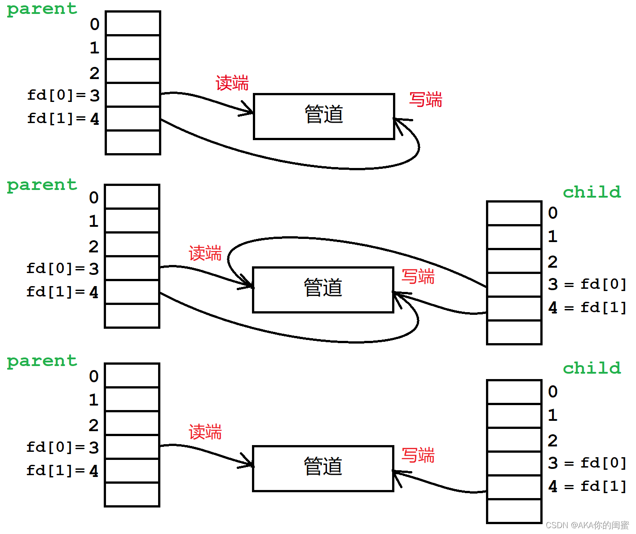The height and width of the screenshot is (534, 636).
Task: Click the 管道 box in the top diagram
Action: coord(324,116)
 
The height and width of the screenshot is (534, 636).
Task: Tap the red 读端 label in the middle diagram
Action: coord(205,253)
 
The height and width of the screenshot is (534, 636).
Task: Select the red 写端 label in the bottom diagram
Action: coord(418,455)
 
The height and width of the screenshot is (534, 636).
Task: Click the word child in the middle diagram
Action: coord(592,192)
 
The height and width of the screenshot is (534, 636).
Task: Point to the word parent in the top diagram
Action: coord(42,9)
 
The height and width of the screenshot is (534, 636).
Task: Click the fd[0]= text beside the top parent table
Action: coord(56,95)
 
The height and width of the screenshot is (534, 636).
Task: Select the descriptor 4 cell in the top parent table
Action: coord(133,119)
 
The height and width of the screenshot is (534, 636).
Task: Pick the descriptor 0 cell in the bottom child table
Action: coord(514,392)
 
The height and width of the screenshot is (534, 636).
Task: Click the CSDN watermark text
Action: coord(587,525)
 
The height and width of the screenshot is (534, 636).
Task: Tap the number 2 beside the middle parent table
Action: coord(93,247)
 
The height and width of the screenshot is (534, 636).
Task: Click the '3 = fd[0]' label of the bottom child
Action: coord(587,463)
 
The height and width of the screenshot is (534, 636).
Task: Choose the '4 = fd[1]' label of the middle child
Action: coord(587,308)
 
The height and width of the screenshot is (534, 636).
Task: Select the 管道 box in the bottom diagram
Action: coord(323,468)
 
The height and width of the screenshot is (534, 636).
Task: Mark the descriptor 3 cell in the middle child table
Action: coord(514,284)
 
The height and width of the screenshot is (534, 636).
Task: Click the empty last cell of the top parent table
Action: coord(133,142)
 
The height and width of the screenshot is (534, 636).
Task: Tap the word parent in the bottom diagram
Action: coord(42,361)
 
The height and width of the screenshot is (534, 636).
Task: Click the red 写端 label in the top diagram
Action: coord(425,99)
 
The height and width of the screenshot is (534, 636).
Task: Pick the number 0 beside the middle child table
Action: coord(552,213)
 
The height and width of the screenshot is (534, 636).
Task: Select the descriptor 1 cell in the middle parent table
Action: coord(132,221)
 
